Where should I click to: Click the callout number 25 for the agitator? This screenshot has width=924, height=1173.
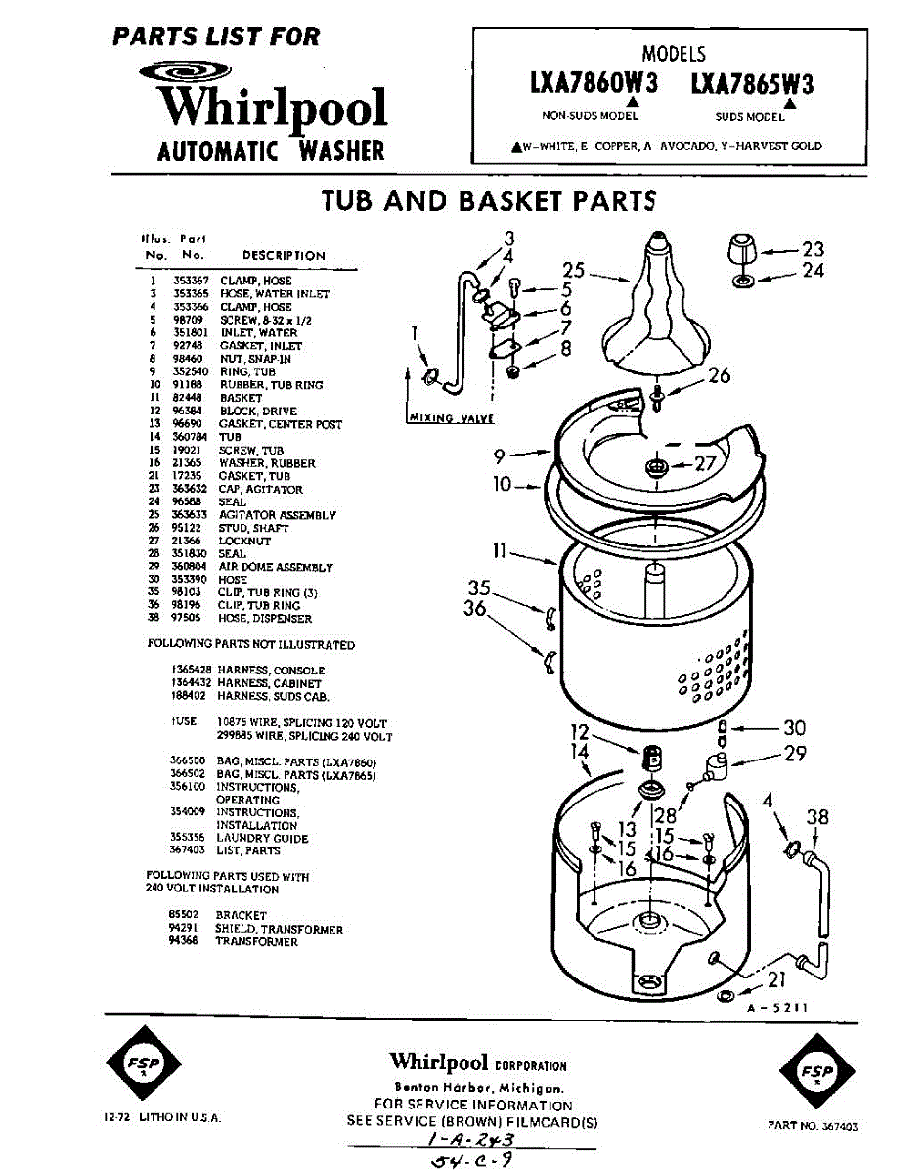(574, 271)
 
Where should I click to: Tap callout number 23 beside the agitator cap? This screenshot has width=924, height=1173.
(813, 249)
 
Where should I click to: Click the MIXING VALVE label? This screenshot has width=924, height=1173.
(449, 418)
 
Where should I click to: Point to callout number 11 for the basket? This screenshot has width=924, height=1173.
(499, 551)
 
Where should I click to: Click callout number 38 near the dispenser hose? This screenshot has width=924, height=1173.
(817, 817)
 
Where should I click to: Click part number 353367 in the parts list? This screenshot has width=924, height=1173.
(188, 281)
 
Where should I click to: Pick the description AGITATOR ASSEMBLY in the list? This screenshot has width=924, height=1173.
(277, 515)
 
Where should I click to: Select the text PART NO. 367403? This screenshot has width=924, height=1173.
(813, 1126)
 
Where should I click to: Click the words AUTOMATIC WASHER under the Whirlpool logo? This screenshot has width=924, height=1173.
(271, 152)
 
